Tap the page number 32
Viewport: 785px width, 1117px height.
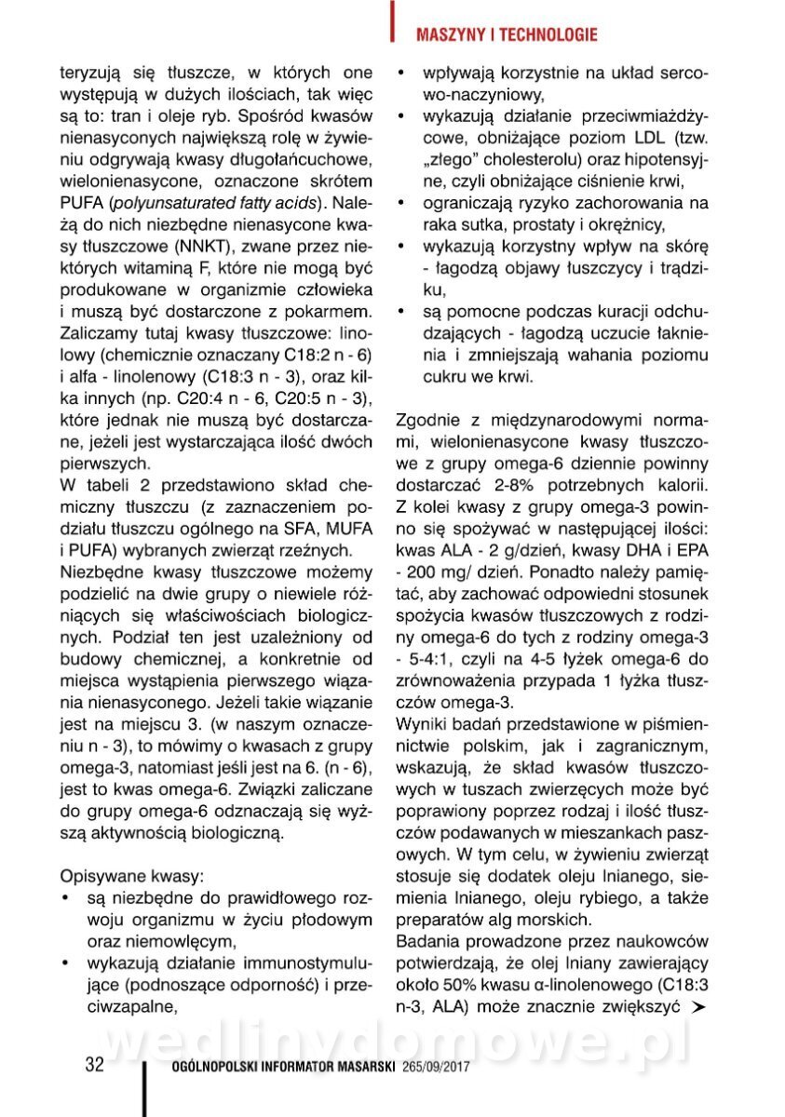point(94,1065)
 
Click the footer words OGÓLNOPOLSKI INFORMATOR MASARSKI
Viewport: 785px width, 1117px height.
point(279,1067)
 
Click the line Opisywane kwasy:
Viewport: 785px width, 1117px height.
point(131,876)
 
